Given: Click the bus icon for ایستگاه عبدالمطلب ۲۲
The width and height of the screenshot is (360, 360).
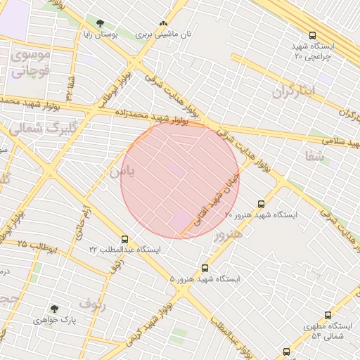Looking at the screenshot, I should point(124,240).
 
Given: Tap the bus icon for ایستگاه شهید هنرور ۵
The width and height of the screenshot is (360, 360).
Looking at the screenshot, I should point(205,268).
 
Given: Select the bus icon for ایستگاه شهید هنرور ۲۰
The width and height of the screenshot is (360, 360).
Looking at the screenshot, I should point(262,204).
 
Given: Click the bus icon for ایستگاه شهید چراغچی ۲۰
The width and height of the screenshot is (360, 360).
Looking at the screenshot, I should point(312,34).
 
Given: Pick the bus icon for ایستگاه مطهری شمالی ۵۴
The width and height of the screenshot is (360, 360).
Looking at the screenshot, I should point(328,316).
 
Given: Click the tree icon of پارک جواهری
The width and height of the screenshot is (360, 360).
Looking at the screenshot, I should point(54,309).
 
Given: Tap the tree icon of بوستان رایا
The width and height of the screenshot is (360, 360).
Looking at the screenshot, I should point(99,23).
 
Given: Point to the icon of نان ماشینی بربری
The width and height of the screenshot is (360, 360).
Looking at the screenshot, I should point(164,23).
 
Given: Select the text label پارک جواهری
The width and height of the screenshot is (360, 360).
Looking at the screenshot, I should point(54,320).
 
